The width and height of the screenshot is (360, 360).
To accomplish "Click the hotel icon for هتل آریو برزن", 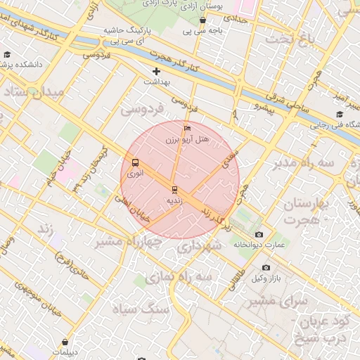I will (186, 129).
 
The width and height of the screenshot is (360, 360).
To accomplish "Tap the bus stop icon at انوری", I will (135, 162).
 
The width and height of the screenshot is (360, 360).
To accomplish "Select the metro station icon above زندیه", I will (174, 189).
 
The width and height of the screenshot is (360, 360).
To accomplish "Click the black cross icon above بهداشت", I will (156, 71).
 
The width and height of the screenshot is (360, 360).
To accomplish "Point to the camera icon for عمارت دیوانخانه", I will (259, 234).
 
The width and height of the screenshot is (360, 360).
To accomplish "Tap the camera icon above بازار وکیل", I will (266, 268).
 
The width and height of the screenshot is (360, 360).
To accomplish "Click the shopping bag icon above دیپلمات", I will (65, 342).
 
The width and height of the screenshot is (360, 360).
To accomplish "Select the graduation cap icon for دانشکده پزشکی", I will (7, 54).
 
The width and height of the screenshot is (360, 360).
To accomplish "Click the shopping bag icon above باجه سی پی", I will (203, 20).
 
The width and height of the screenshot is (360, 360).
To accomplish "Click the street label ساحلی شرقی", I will (289, 103).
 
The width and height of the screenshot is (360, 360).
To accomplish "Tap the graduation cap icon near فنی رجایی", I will (340, 115).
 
